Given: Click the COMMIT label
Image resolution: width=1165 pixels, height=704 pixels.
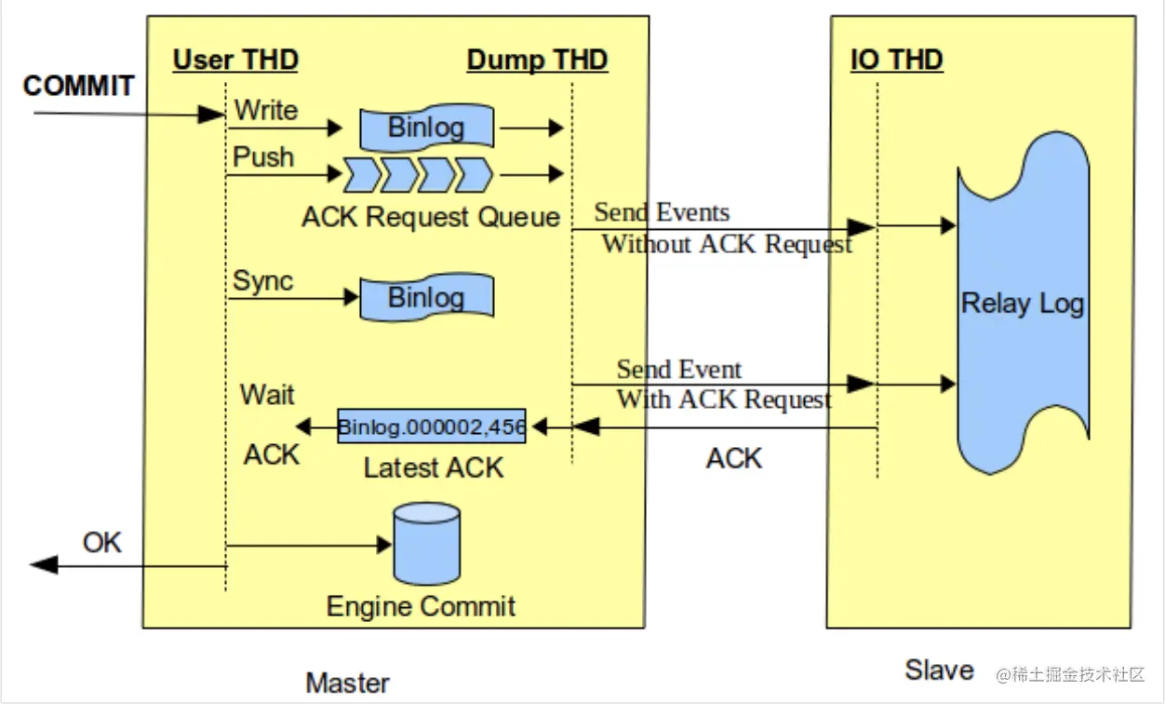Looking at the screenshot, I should tap(78, 87).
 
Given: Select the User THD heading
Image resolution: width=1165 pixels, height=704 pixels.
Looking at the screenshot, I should tap(235, 61).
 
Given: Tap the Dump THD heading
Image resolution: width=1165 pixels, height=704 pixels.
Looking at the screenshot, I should tap(537, 61).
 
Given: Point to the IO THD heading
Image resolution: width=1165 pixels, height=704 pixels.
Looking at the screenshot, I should tap(897, 61).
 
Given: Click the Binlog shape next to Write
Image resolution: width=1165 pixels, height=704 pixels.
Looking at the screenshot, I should tap(426, 127).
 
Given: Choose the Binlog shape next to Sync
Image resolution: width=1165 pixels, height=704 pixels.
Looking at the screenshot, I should tap(426, 298).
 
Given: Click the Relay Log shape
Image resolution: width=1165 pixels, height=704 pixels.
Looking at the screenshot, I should tap(1023, 305).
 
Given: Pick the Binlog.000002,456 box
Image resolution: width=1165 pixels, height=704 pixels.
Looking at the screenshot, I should tap(432, 427).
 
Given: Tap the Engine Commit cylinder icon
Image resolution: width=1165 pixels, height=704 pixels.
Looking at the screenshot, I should tap(427, 543).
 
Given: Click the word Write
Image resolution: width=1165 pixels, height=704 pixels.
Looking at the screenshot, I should tap(266, 110).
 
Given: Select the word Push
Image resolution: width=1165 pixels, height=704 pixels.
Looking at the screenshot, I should tap(263, 156).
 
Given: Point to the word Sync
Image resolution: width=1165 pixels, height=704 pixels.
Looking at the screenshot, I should tap(262, 280).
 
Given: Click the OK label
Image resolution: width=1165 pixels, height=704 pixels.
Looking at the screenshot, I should tap(101, 542).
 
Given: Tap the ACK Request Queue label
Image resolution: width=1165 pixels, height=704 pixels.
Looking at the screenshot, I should tap(431, 217).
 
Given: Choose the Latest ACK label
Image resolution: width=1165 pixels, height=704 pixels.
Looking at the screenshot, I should tap(434, 467).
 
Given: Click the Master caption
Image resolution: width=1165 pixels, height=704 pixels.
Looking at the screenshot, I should tap(348, 683).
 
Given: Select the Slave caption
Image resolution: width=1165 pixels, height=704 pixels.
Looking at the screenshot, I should tap(939, 670).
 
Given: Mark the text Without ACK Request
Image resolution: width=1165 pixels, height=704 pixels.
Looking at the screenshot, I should tap(727, 245).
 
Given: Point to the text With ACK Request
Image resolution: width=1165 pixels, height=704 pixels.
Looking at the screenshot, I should tap(724, 400).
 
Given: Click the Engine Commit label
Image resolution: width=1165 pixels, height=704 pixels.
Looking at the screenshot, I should tap(421, 607).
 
